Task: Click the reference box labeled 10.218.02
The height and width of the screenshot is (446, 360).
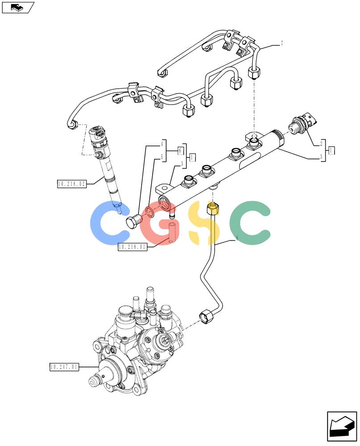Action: click(72, 184)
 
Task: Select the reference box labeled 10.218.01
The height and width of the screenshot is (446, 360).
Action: click(132, 247)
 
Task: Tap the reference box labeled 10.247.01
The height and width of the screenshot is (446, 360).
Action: click(64, 367)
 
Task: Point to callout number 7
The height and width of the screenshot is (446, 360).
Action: click(282, 44)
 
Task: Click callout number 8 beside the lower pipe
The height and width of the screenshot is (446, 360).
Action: click(237, 238)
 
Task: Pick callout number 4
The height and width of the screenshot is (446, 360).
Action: click(162, 144)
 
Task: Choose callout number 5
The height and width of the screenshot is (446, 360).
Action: click(162, 157)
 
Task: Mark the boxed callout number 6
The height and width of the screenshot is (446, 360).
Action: click(180, 150)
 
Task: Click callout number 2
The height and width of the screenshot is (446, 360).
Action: click(321, 143)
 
